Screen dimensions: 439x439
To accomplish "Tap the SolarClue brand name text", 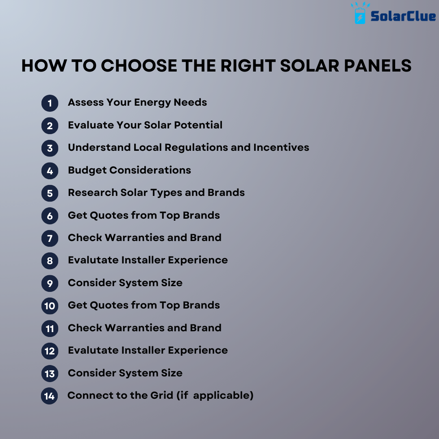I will coord(403,16).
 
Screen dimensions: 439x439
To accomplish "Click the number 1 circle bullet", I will coord(50,103).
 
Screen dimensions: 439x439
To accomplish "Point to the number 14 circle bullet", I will coord(50,396).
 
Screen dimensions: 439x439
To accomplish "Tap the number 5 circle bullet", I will coord(50,193).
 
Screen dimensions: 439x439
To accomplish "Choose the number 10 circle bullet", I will coord(50,306).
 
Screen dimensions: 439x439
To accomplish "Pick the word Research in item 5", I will coord(93,192).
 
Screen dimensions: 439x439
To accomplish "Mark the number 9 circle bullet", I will coord(50,283).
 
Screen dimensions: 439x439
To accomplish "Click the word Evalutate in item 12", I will coord(92,350).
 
